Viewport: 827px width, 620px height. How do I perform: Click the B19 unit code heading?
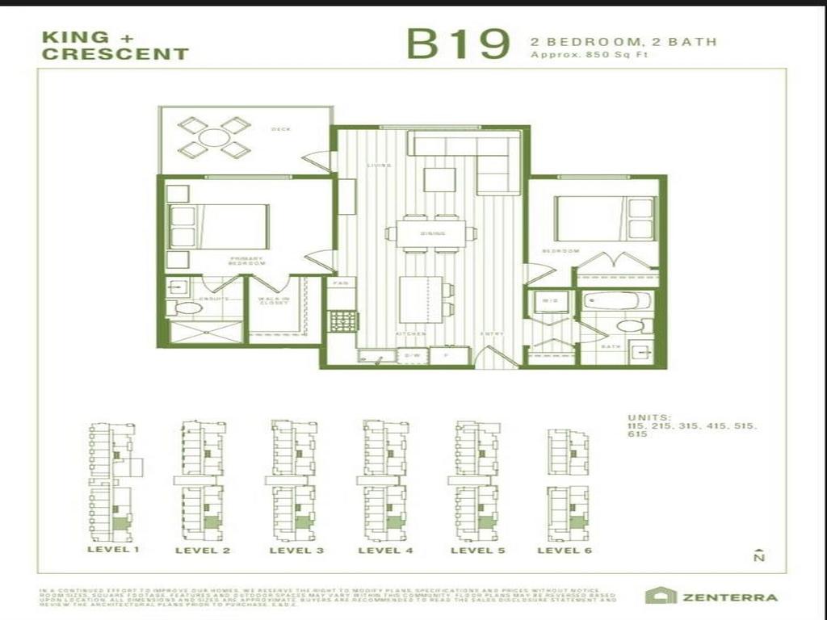458,44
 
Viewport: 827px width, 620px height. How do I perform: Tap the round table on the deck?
214,137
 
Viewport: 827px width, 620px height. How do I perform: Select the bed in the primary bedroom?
231,226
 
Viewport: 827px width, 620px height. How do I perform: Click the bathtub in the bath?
617,301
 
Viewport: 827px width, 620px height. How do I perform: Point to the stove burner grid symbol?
342,320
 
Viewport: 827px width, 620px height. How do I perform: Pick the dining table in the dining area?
432,233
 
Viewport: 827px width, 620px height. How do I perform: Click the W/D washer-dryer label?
549,301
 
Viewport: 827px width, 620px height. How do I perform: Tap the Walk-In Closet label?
274,300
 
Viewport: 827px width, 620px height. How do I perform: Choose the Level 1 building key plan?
113,481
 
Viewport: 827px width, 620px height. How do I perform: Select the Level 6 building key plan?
569,484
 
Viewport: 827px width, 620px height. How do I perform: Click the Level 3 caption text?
296,551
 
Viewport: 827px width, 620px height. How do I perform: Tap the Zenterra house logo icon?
661,596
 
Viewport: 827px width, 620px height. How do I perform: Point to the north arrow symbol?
758,555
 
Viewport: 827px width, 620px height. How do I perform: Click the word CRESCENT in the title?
115,55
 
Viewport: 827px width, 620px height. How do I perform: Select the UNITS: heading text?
649,417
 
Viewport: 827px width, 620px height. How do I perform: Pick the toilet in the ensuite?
188,308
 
